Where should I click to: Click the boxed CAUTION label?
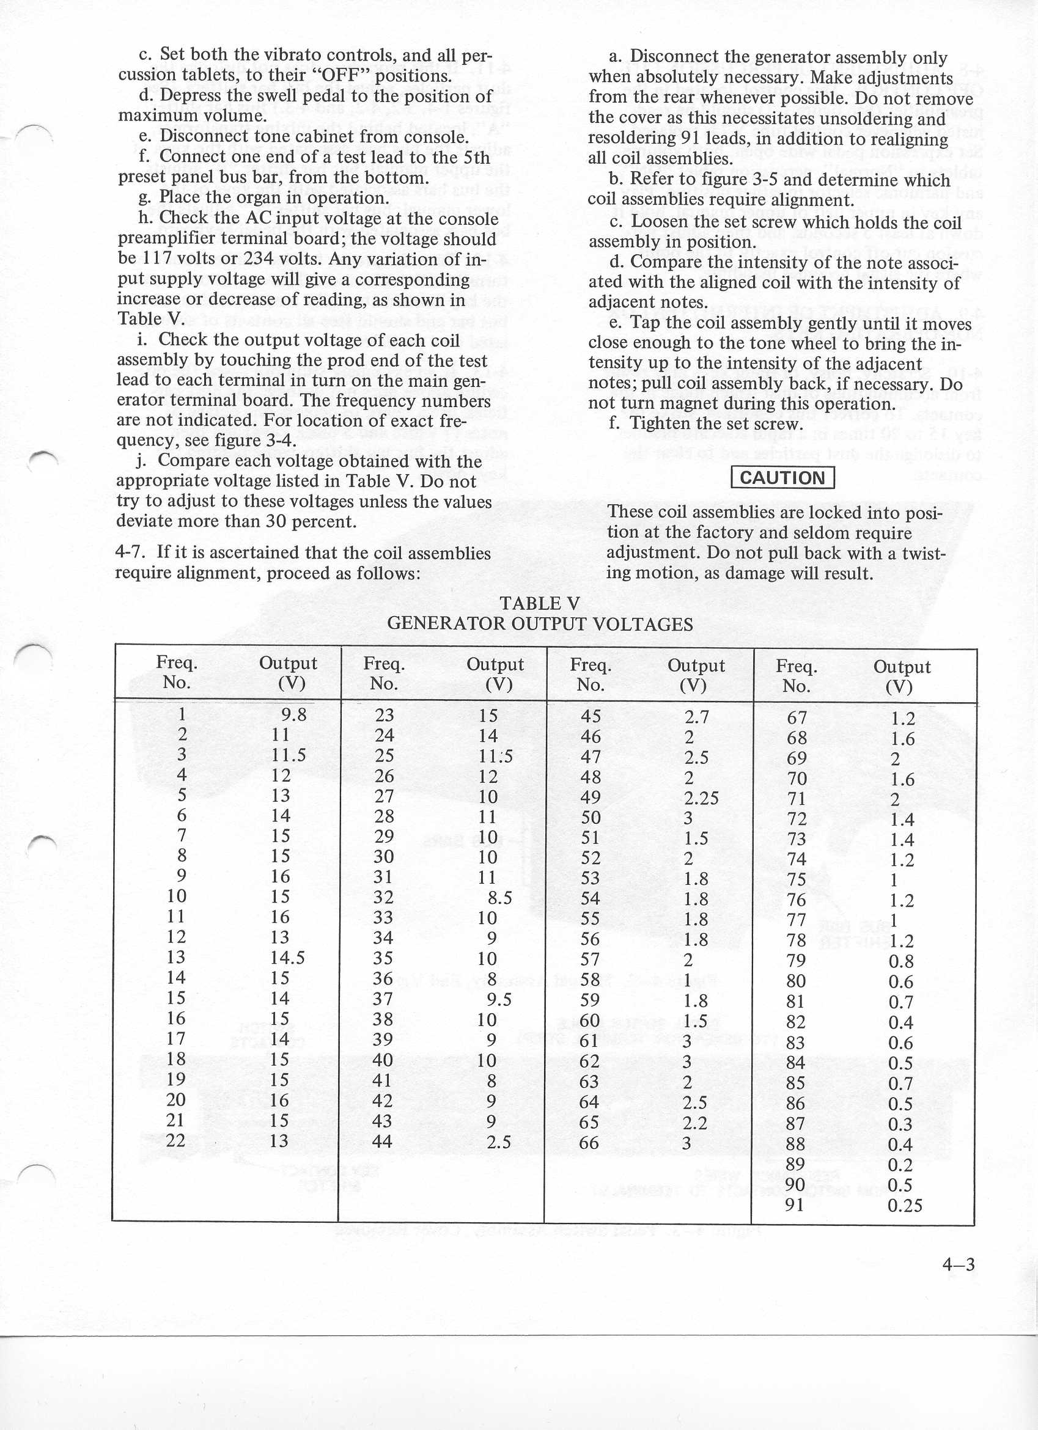[x=782, y=477]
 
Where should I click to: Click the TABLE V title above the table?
[x=539, y=603]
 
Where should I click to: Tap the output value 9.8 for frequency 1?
[x=294, y=714]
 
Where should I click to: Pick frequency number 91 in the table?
[x=796, y=1205]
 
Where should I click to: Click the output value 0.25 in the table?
[x=904, y=1206]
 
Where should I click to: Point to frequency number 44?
[x=382, y=1141]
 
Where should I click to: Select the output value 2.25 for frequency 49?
[x=701, y=798]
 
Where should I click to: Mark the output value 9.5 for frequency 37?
[x=498, y=999]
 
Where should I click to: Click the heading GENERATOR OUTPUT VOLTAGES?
[x=539, y=624]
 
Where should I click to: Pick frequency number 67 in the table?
[x=797, y=717]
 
